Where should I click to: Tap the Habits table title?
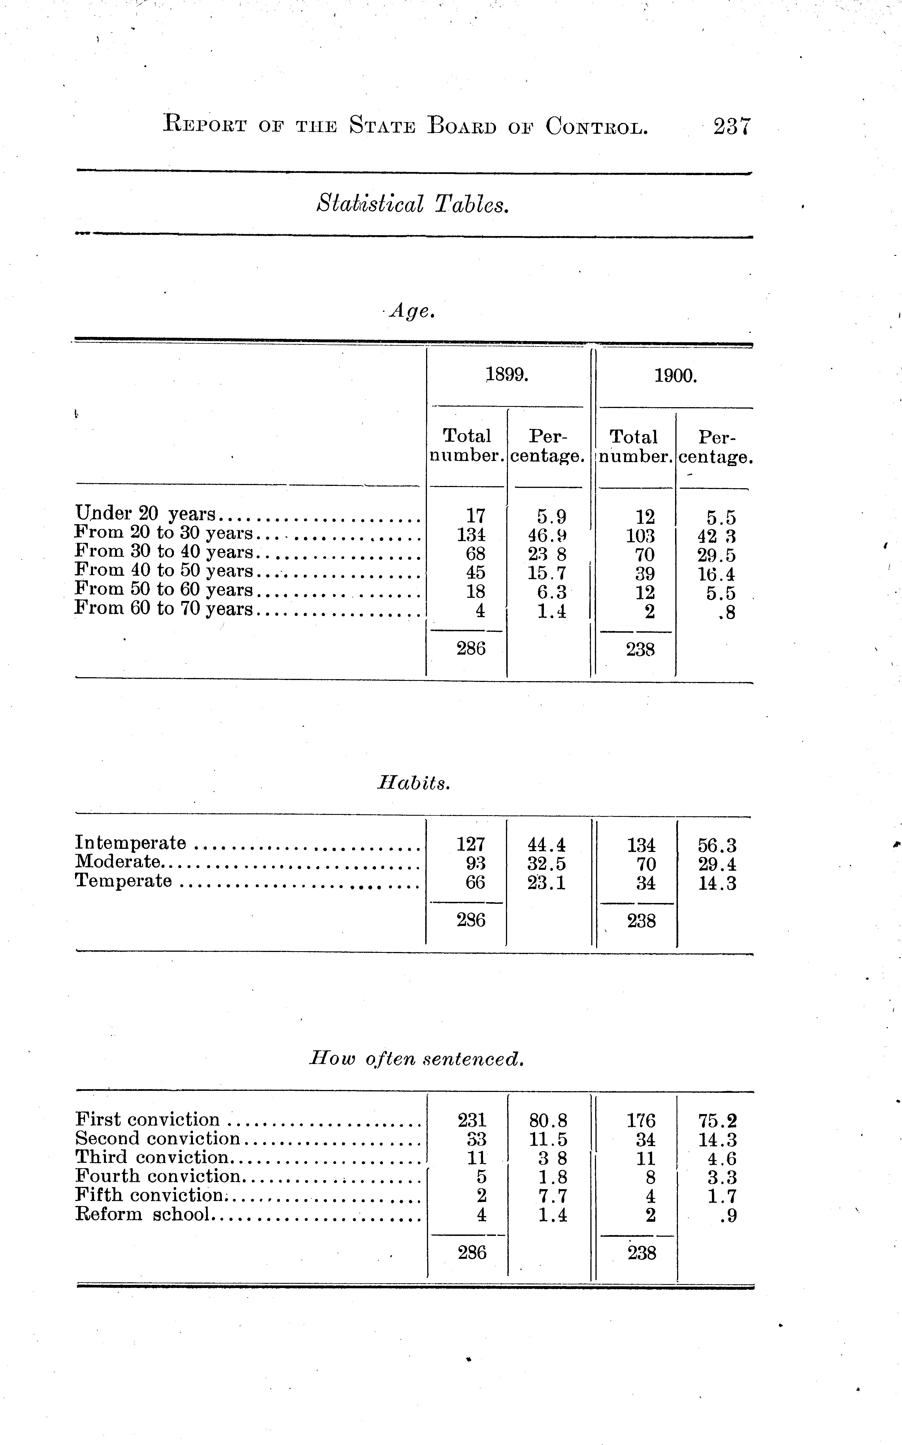click(414, 783)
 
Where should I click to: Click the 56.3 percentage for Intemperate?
click(717, 845)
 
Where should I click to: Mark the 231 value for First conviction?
click(472, 1120)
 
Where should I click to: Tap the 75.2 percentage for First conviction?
click(718, 1121)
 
